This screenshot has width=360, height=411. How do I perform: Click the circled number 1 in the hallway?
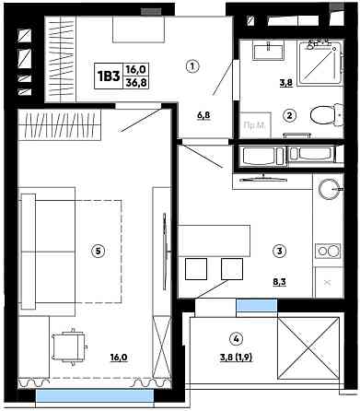click(x=192, y=66)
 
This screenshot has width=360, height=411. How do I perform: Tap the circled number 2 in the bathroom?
click(x=289, y=115)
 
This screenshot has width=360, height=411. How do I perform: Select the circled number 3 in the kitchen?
click(x=279, y=251)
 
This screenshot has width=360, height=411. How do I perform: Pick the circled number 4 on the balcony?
click(x=236, y=339)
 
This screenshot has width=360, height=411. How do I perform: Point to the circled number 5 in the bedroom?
click(x=98, y=251)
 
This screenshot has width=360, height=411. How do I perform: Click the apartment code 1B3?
click(x=109, y=76)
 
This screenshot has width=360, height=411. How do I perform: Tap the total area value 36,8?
click(x=135, y=83)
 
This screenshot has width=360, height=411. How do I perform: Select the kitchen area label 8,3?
click(x=279, y=281)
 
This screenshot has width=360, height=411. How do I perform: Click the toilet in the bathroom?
click(x=326, y=115)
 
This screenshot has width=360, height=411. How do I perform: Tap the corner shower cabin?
click(x=319, y=63)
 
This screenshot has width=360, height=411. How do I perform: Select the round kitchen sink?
click(x=329, y=189)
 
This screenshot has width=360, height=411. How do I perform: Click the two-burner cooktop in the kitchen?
click(x=328, y=251)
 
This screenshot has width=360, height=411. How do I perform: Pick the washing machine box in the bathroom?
click(x=256, y=125)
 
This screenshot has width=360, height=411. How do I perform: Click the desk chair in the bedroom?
click(x=70, y=346)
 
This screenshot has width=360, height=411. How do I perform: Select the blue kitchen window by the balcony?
click(x=257, y=306)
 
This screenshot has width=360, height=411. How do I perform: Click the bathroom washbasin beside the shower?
click(x=269, y=51)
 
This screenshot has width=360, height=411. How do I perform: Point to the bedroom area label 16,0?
click(x=119, y=358)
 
